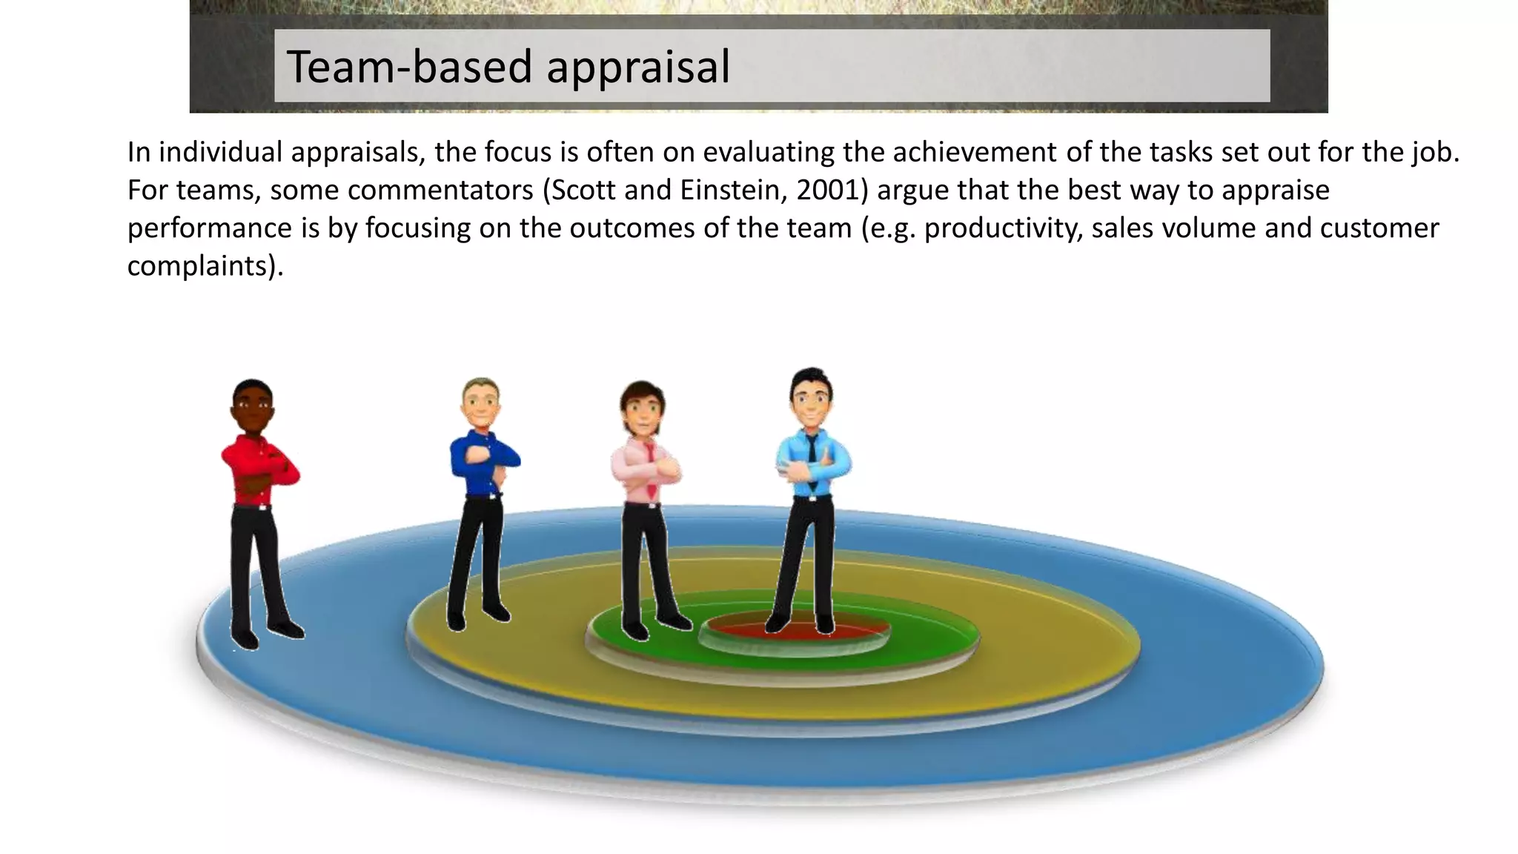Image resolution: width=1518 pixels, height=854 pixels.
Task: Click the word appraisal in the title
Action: pyautogui.click(x=638, y=67)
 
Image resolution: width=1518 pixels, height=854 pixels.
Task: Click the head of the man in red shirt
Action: pyautogui.click(x=253, y=406)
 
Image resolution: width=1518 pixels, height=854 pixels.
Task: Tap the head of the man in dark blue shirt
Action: pyautogui.click(x=481, y=403)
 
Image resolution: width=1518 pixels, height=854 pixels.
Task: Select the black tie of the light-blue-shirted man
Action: pyautogui.click(x=812, y=456)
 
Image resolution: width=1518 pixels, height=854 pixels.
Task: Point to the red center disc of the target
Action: pyautogui.click(x=796, y=629)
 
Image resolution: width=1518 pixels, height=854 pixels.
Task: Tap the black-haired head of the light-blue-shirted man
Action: pyautogui.click(x=811, y=396)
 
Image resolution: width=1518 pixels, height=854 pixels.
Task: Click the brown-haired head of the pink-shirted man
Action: pyautogui.click(x=642, y=408)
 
